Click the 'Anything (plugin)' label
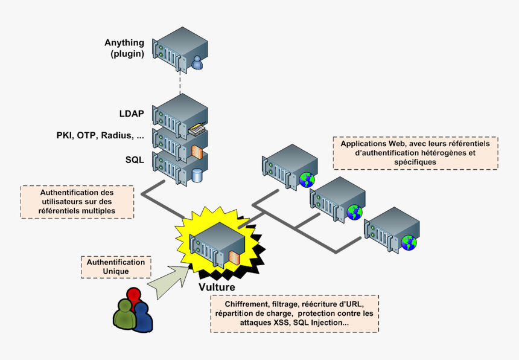pyautogui.click(x=124, y=48)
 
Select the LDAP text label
pyautogui.click(x=132, y=113)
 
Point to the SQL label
pyautogui.click(x=135, y=159)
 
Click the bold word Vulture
pyautogui.click(x=217, y=287)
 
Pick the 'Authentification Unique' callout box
pyautogui.click(x=116, y=267)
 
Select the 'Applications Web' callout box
pyautogui.click(x=415, y=153)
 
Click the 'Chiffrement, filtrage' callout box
pyautogui.click(x=295, y=313)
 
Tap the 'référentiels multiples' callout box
pyautogui.click(x=77, y=202)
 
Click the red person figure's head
pyautogui.click(x=134, y=295)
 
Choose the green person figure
pyautogui.click(x=124, y=315)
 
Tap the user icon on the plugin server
pyautogui.click(x=197, y=63)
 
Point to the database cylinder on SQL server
pyautogui.click(x=197, y=175)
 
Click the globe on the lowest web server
pyautogui.click(x=409, y=243)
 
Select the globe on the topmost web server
pyautogui.click(x=307, y=179)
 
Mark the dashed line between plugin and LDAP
pyautogui.click(x=180, y=81)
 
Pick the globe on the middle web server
pyautogui.click(x=354, y=211)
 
